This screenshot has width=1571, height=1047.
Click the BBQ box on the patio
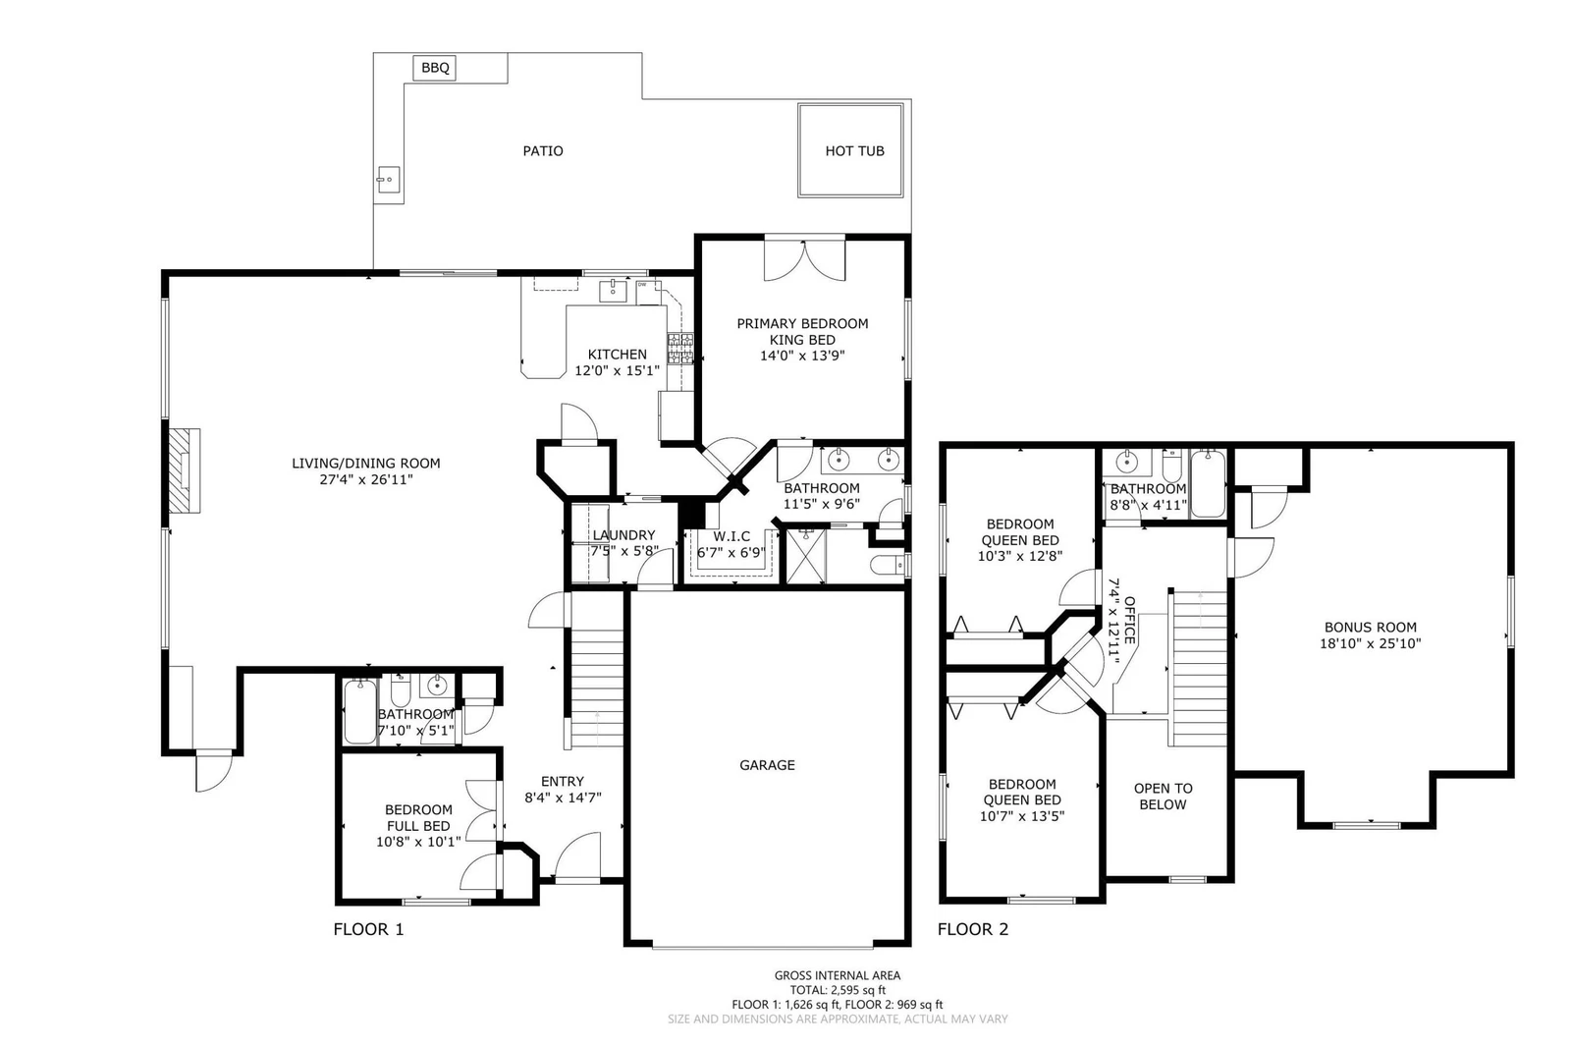click(x=435, y=68)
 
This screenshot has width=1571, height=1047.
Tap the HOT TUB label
click(x=854, y=151)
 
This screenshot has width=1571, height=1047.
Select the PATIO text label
click(x=543, y=151)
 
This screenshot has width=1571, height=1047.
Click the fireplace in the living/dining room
click(x=186, y=470)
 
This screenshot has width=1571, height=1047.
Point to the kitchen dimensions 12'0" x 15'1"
click(x=618, y=370)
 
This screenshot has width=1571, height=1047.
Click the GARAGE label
click(x=767, y=765)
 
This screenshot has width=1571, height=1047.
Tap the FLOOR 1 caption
click(x=369, y=929)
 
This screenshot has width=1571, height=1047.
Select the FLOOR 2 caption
click(x=973, y=929)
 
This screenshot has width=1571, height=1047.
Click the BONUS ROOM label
click(x=1371, y=628)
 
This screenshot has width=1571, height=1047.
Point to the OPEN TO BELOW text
click(x=1163, y=797)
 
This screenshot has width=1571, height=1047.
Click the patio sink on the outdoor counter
click(x=388, y=180)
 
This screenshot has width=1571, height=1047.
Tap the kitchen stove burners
click(x=680, y=349)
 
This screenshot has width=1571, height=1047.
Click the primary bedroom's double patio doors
click(x=804, y=260)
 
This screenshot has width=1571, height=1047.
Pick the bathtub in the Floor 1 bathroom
click(x=360, y=711)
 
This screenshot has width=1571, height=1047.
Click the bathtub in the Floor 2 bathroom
click(x=1208, y=484)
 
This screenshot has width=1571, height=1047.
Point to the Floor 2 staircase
click(x=1199, y=669)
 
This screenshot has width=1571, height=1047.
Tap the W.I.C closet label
click(x=731, y=536)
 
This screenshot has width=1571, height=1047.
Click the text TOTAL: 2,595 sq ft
click(x=838, y=990)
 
